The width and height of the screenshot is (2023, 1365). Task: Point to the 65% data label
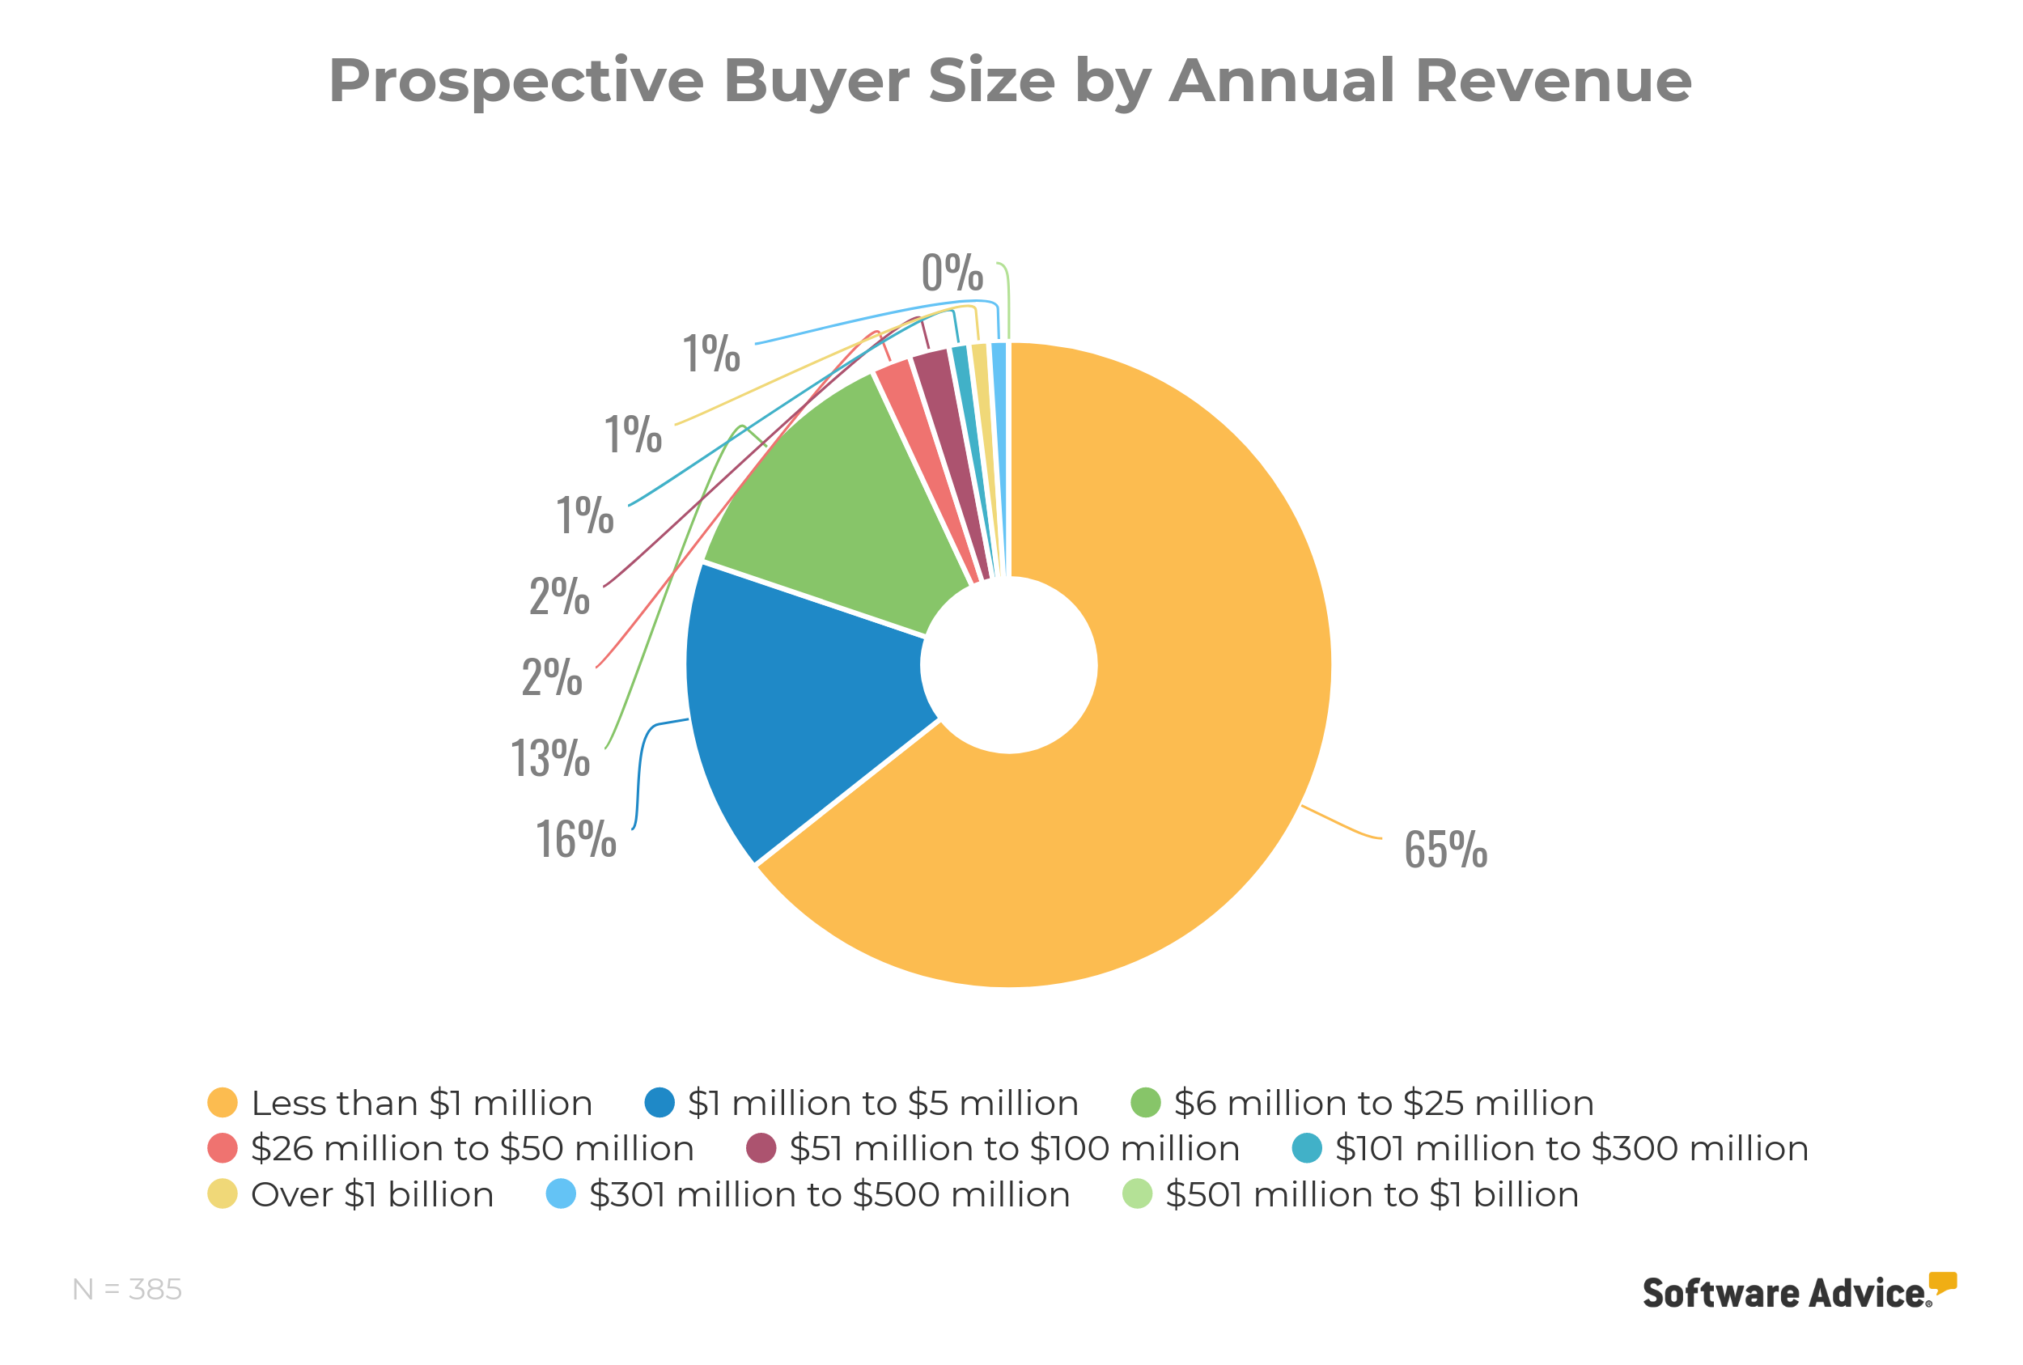point(1445,850)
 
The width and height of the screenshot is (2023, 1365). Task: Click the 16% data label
point(575,839)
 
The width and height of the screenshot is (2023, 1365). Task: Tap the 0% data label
point(952,273)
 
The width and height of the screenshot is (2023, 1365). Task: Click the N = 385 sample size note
point(127,1289)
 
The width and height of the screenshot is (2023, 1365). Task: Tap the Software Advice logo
point(1798,1292)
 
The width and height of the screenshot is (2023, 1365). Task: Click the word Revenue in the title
point(1553,80)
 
